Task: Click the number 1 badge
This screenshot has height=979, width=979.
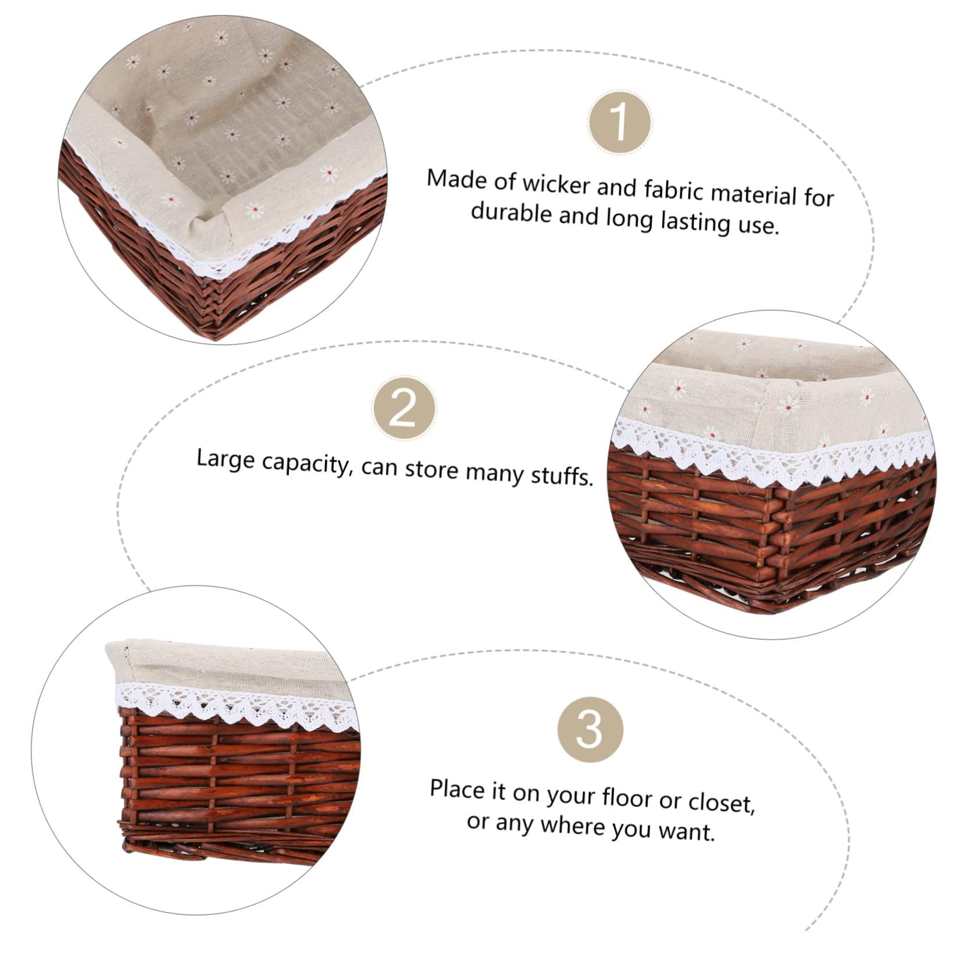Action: (619, 122)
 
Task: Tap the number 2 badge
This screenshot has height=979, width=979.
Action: (404, 410)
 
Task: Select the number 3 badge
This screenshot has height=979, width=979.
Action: (590, 729)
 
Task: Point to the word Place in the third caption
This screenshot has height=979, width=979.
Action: (457, 790)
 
